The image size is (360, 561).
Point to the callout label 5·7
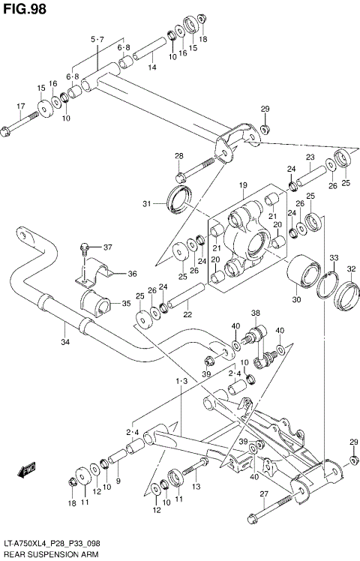click(x=97, y=39)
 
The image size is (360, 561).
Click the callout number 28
click(x=179, y=156)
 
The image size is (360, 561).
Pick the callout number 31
click(x=147, y=203)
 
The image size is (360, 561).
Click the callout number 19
click(x=243, y=184)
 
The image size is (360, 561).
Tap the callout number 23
click(x=309, y=157)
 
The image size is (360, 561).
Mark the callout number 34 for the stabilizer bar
click(x=65, y=343)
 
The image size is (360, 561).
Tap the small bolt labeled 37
click(x=84, y=248)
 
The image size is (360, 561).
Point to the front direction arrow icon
click(x=28, y=470)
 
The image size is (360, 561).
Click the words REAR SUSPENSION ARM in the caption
click(x=47, y=553)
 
